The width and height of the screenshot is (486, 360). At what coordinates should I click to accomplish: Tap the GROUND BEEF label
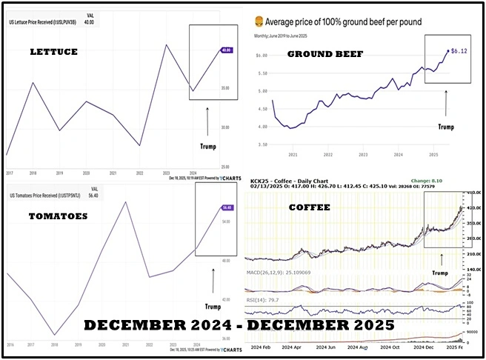pos(319,55)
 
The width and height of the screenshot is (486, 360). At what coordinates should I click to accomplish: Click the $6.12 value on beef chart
pos(463,52)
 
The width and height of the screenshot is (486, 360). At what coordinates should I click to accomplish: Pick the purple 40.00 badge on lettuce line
pos(224,50)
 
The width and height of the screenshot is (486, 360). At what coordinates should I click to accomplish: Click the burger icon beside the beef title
pos(259,21)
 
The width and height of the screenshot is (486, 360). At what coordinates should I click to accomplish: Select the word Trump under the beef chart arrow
pos(445,127)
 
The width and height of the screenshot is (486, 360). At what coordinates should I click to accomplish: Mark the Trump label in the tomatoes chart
pos(213,306)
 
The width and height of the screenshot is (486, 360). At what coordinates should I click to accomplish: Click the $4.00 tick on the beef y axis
pos(261,127)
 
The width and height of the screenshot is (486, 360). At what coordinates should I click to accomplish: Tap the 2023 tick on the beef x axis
pos(363,155)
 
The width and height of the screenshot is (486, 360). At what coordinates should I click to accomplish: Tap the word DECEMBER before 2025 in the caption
pos(325,326)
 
